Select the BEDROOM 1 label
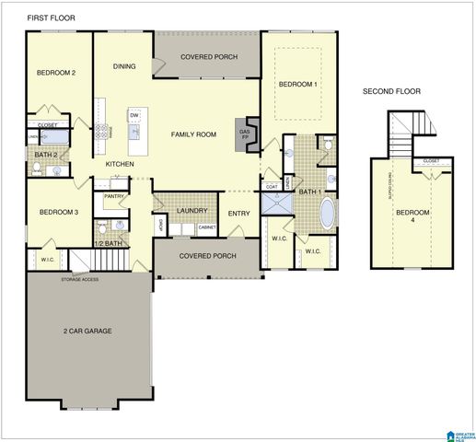pyautogui.click(x=298, y=85)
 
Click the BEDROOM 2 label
pyautogui.click(x=55, y=73)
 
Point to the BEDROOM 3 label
pyautogui.click(x=57, y=213)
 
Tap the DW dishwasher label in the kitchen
pyautogui.click(x=134, y=115)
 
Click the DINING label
pyautogui.click(x=124, y=66)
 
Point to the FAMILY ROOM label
pyautogui.click(x=193, y=134)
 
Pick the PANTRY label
pyautogui.click(x=114, y=196)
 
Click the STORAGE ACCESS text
pyautogui.click(x=79, y=278)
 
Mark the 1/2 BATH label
pyautogui.click(x=108, y=243)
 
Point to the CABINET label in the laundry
pyautogui.click(x=206, y=227)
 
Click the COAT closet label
pyautogui.click(x=272, y=187)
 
